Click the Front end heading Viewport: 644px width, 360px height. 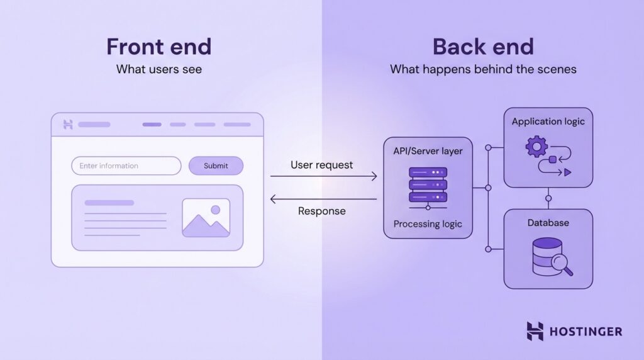[x=158, y=47]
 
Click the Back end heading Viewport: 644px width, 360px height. [x=483, y=47]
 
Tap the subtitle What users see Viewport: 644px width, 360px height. [x=158, y=69]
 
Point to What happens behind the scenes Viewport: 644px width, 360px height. [x=483, y=69]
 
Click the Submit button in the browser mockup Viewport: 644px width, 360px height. [x=216, y=166]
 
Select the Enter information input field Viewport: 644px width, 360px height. [x=126, y=166]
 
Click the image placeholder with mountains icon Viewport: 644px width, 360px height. [x=206, y=218]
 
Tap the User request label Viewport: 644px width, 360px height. [x=321, y=165]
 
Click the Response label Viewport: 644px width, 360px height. [x=321, y=211]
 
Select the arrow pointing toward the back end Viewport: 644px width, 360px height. [x=323, y=177]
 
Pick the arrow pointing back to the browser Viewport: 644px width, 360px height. [x=323, y=199]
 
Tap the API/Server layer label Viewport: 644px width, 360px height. [x=428, y=151]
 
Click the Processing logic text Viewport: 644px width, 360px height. [x=428, y=224]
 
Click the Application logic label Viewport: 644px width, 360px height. [x=548, y=121]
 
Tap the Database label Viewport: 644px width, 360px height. [x=548, y=223]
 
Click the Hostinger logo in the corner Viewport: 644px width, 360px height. [x=574, y=331]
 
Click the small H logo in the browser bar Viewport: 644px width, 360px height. [x=69, y=125]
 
